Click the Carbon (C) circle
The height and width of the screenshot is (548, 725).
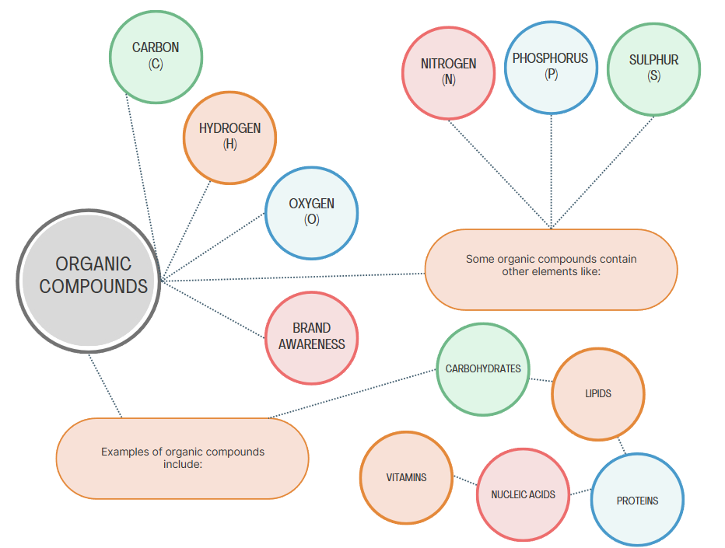(156, 56)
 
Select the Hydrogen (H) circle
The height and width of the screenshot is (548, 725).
(229, 138)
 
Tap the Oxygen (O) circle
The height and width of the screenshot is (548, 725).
(311, 212)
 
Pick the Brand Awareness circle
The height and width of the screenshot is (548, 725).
(311, 337)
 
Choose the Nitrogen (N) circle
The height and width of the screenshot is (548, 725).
(448, 72)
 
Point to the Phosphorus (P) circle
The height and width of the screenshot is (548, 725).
(551, 67)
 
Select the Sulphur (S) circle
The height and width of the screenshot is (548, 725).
(653, 68)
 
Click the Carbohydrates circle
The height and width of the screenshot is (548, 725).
(483, 368)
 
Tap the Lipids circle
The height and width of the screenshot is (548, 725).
(598, 393)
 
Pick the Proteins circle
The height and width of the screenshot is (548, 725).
(637, 501)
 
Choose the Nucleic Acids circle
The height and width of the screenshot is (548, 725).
(523, 494)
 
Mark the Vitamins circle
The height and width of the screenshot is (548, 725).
(406, 477)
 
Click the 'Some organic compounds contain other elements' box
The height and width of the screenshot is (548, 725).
(551, 269)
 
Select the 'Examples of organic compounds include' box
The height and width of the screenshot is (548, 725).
(182, 458)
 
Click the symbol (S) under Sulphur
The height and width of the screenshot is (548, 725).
(653, 76)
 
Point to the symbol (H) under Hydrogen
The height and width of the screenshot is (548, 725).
(229, 144)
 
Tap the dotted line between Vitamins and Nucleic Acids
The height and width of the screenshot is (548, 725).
(464, 480)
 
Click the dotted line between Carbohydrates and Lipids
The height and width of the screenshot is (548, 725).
(541, 380)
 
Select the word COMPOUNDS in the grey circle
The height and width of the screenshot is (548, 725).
(93, 286)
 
